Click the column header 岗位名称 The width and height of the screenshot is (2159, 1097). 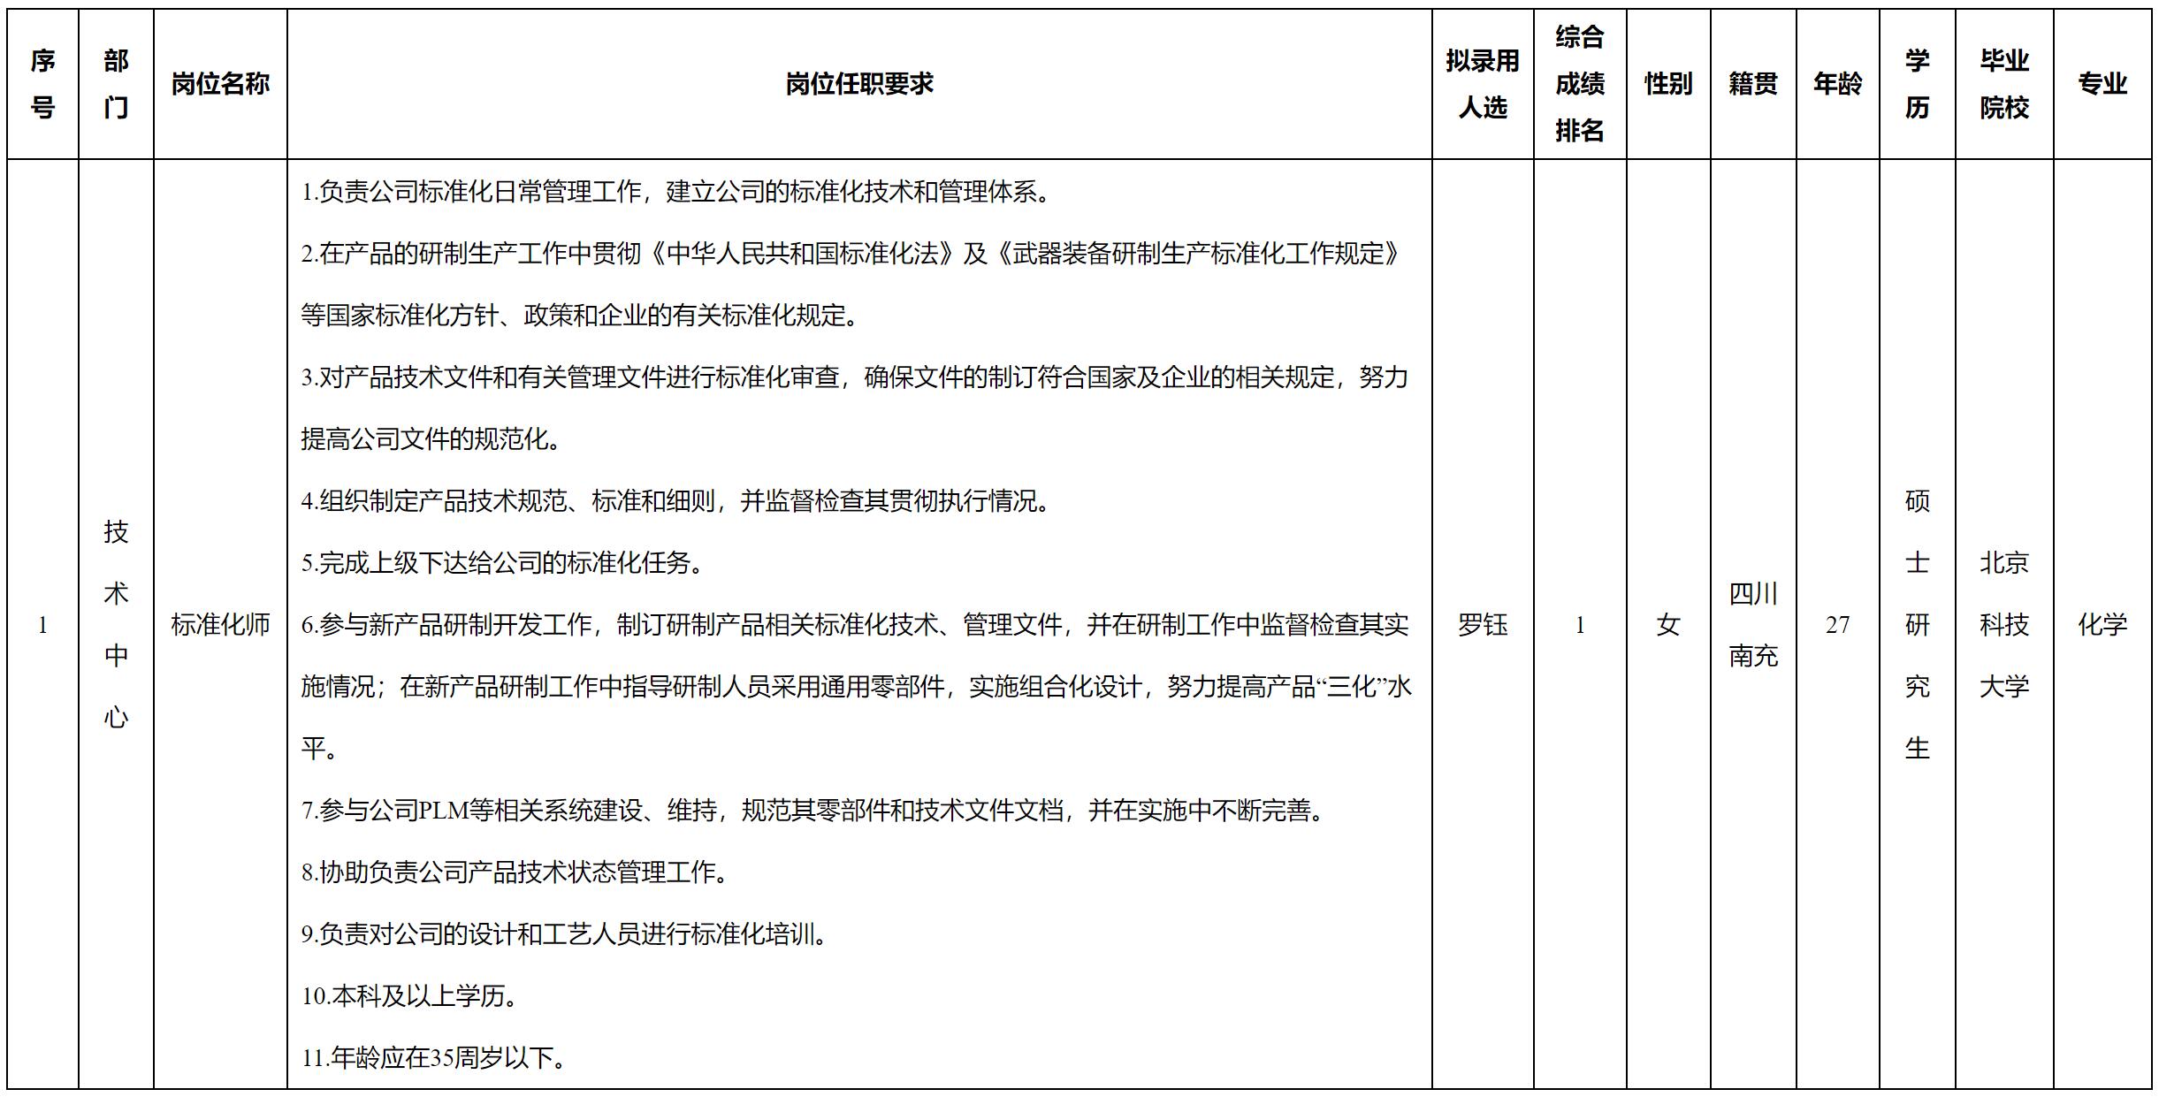(220, 84)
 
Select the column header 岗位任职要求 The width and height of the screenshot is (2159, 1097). (859, 84)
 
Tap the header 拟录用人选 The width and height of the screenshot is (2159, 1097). (1483, 84)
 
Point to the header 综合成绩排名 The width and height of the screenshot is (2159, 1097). (1580, 84)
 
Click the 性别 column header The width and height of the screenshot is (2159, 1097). (1668, 84)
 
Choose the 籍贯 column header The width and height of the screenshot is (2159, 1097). (1753, 84)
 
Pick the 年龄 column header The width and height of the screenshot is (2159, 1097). (1837, 84)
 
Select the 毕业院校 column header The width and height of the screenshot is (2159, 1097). (2004, 84)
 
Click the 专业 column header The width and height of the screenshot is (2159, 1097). (2102, 84)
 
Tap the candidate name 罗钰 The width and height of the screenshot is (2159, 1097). (1483, 625)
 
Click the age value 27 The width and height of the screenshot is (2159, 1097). (1837, 625)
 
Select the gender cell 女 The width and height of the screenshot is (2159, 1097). (1668, 625)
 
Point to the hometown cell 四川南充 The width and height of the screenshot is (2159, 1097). (1753, 625)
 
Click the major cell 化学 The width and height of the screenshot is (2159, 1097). (2102, 625)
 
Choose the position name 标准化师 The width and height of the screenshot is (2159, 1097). (220, 625)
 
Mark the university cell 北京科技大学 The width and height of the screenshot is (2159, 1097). (2004, 625)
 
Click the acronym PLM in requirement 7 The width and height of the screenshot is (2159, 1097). (444, 811)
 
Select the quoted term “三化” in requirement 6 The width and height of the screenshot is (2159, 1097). (1351, 687)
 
